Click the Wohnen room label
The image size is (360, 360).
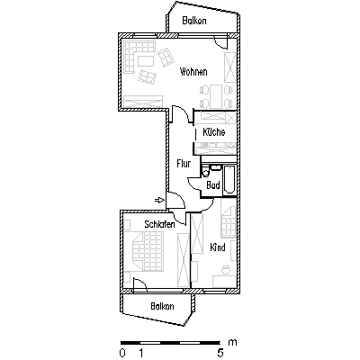[x=193, y=72]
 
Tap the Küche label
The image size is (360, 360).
[x=214, y=132]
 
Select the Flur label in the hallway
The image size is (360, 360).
[x=184, y=164]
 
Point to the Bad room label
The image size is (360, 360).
[x=213, y=185]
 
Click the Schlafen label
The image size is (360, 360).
[x=159, y=224]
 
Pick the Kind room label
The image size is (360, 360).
[x=218, y=247]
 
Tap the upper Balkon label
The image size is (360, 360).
[x=194, y=21]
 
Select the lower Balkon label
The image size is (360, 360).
[x=162, y=307]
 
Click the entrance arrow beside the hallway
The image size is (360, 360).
[x=159, y=200]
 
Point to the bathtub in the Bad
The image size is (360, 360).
[x=229, y=180]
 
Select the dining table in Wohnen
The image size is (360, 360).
[x=216, y=96]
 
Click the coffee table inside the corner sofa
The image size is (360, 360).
[x=146, y=61]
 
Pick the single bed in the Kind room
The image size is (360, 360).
[x=229, y=222]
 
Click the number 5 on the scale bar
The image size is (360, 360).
[x=220, y=353]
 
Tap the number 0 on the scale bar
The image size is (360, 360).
[x=122, y=353]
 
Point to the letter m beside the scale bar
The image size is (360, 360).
[x=232, y=342]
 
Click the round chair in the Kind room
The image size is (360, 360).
[x=225, y=270]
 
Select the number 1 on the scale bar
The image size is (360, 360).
[x=140, y=353]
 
